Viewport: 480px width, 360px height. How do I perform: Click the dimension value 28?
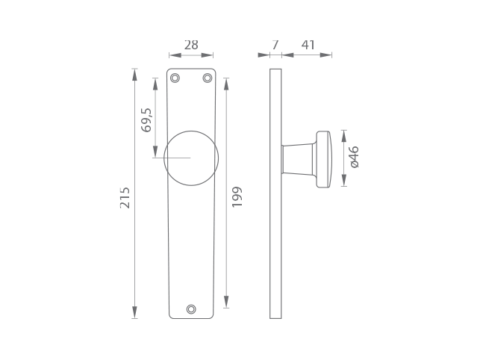(191, 45)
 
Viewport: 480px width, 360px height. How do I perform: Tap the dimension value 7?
(275, 45)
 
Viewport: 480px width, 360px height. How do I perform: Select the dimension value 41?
(308, 45)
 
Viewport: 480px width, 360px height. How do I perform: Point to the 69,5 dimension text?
(146, 120)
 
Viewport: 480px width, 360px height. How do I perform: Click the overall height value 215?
(125, 198)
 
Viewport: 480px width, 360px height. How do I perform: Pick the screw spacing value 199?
(237, 196)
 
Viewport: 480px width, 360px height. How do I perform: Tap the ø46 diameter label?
(355, 157)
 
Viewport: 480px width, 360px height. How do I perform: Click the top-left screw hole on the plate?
(175, 78)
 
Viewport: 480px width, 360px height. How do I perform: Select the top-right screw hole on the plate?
(208, 78)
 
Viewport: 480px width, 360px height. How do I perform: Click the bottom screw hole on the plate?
(191, 309)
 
